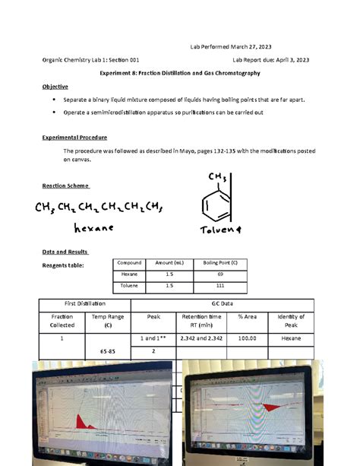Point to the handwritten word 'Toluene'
220,230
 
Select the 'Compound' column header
130,262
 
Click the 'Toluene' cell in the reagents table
130,287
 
